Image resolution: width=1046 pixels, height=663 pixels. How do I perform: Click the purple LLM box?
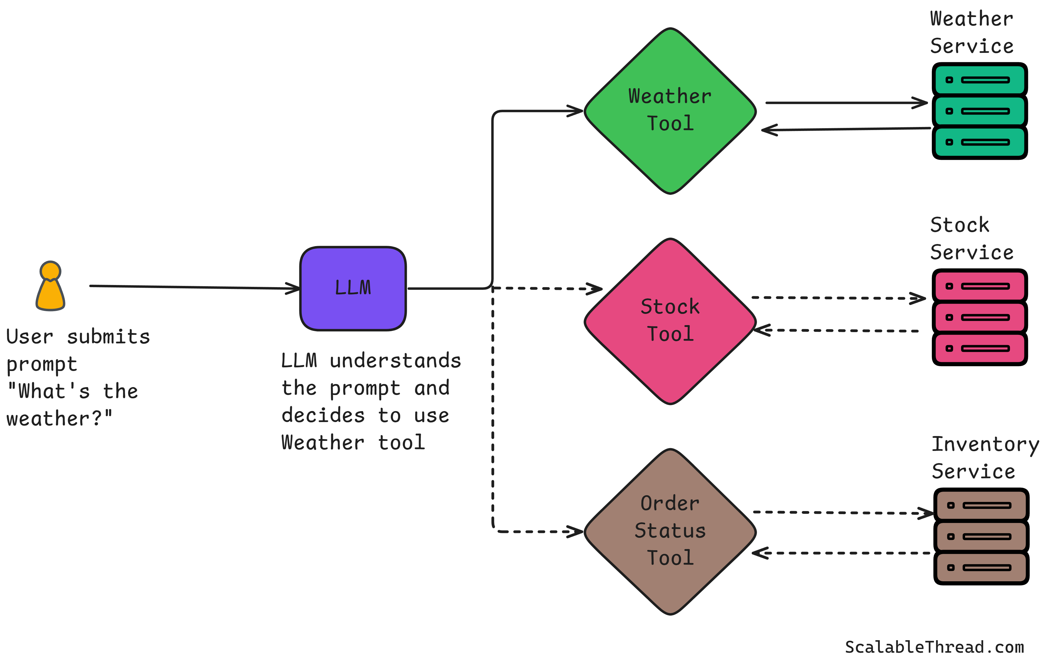pos(353,289)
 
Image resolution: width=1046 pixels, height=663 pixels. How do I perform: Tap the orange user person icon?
pos(51,286)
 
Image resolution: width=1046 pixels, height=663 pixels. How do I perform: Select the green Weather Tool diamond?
pos(670,111)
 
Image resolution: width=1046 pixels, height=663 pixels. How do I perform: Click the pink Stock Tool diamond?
pos(670,321)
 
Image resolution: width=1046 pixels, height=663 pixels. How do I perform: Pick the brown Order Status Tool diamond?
pos(670,531)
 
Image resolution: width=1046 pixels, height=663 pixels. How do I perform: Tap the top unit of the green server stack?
pos(980,80)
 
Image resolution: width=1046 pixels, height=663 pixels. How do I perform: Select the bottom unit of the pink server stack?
pos(980,349)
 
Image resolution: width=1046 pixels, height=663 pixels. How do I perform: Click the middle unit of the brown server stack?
pos(981,537)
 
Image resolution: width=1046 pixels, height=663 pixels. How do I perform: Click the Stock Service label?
pos(972,239)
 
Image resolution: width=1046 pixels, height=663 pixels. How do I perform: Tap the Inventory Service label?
pos(984,458)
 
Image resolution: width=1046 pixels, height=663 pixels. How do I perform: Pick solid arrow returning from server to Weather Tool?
pos(847,129)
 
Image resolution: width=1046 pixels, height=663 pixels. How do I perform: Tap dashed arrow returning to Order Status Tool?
pos(843,553)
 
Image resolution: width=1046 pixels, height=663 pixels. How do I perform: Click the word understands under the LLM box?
pos(395,361)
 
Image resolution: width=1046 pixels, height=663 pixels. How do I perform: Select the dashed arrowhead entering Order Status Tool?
pos(576,531)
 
